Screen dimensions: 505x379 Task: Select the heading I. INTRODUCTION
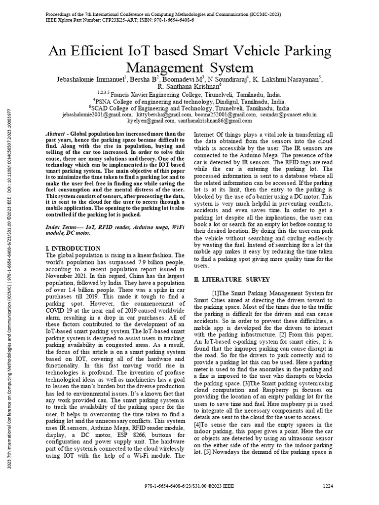(x=73, y=248)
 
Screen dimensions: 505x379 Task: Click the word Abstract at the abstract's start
(x=55, y=134)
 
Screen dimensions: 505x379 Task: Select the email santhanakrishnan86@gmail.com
(x=215, y=120)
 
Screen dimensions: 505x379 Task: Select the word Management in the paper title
(x=163, y=67)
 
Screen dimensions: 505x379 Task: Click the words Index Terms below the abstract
(x=63, y=225)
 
